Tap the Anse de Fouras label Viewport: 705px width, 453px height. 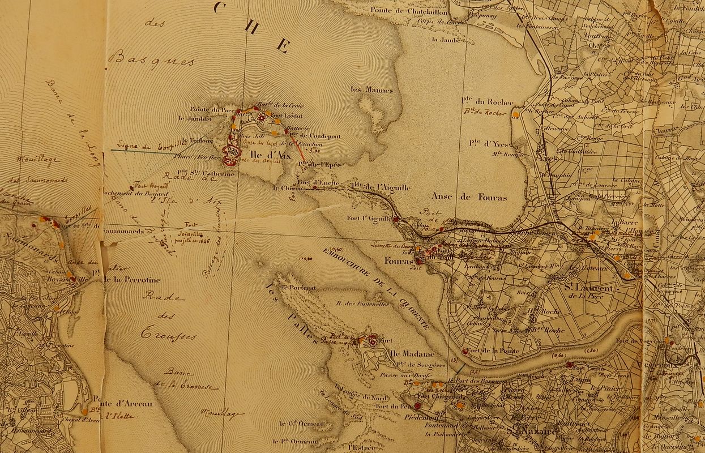[x=469, y=197]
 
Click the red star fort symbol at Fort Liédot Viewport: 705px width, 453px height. [x=262, y=118]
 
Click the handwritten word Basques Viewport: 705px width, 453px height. [x=151, y=58]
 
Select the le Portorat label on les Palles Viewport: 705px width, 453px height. [x=302, y=288]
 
